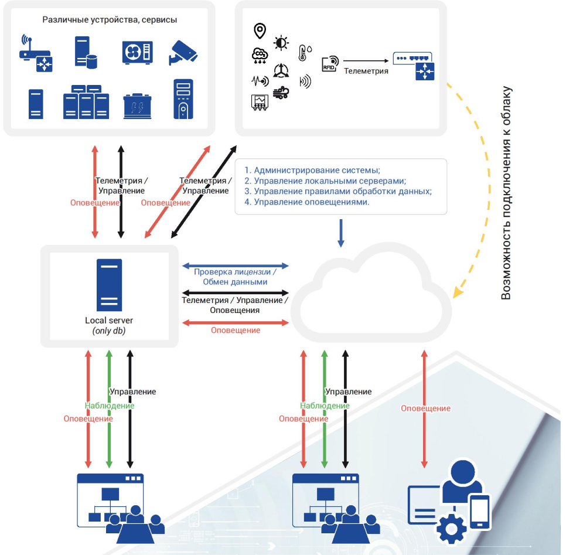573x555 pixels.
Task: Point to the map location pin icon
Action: pos(259,30)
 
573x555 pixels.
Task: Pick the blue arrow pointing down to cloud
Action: pos(342,233)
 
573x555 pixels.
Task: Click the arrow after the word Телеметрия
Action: pos(367,60)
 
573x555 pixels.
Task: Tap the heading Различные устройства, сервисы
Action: pos(110,20)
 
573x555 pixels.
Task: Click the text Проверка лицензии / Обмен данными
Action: pos(235,277)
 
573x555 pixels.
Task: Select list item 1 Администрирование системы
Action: pos(312,171)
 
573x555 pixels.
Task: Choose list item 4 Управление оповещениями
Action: pos(307,202)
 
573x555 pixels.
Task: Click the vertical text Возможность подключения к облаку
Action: pos(506,193)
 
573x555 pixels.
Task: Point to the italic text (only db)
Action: pos(109,331)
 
